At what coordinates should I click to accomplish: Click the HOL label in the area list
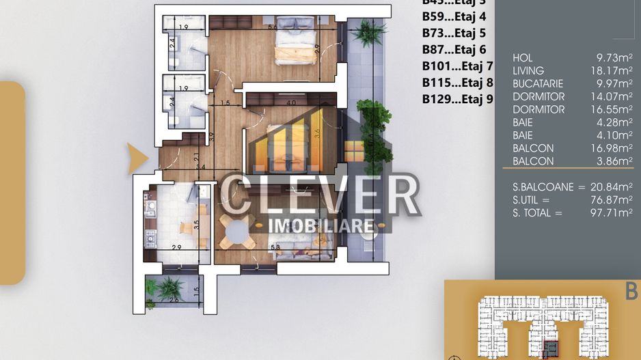pyautogui.click(x=523, y=58)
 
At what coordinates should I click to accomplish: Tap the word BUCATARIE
pyautogui.click(x=538, y=84)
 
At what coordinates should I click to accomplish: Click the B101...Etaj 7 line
pyautogui.click(x=457, y=66)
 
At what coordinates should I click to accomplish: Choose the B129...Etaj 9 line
pyautogui.click(x=457, y=99)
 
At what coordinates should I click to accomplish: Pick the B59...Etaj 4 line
pyautogui.click(x=454, y=16)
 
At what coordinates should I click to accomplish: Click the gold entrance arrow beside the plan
pyautogui.click(x=139, y=158)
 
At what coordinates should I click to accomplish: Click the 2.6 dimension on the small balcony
pyautogui.click(x=174, y=299)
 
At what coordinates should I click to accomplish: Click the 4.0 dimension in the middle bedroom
pyautogui.click(x=291, y=103)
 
